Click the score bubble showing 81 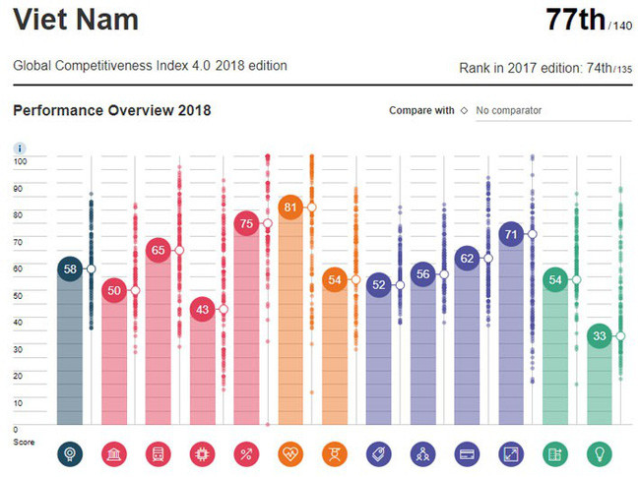(290, 208)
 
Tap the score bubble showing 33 (599, 336)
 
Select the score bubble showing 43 (202, 309)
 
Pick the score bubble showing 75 (246, 223)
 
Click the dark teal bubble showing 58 (69, 268)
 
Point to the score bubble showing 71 (510, 234)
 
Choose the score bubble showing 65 (158, 251)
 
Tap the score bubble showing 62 (466, 259)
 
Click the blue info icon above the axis (19, 148)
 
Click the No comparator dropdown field (546, 111)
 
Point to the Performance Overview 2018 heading (111, 110)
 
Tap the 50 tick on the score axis (19, 294)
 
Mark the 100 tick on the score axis (20, 159)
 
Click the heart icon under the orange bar (290, 453)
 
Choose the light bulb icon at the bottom (599, 453)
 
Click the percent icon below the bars (246, 453)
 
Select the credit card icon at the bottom (466, 453)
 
